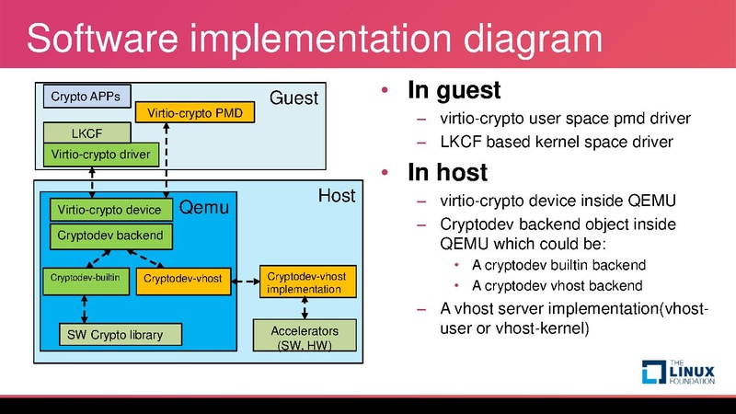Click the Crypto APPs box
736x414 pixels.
(x=87, y=95)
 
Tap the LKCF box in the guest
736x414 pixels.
(x=87, y=133)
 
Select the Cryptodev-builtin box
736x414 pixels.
(x=86, y=277)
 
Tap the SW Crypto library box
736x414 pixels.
(x=121, y=334)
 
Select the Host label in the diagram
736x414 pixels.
(x=336, y=195)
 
